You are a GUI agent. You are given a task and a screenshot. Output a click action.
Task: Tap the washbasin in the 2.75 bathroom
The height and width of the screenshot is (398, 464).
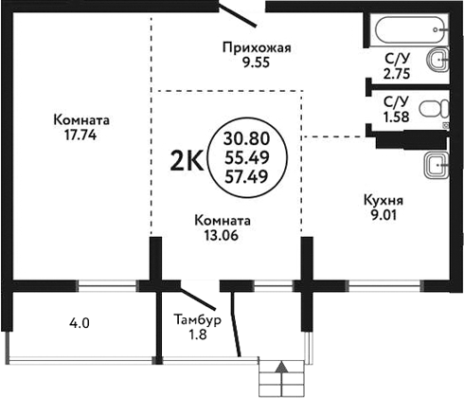pyautogui.click(x=437, y=63)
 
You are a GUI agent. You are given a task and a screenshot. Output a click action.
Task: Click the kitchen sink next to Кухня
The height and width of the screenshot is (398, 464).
pyautogui.click(x=437, y=166)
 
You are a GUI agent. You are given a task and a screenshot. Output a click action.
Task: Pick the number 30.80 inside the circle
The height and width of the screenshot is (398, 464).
pyautogui.click(x=245, y=137)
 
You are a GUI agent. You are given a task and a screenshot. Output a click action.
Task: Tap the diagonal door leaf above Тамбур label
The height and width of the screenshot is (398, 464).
pyautogui.click(x=201, y=296)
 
